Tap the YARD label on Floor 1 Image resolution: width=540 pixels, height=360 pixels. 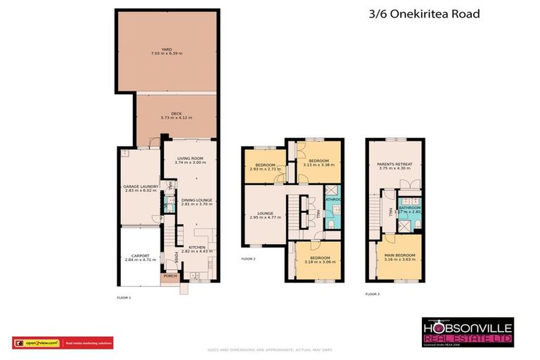[x=166, y=49]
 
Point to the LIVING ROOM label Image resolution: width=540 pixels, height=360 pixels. [x=190, y=158]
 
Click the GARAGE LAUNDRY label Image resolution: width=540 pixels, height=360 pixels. [x=141, y=186]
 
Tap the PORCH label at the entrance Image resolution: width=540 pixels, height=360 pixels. [x=170, y=276]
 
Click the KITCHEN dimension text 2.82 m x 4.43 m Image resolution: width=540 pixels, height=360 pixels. [x=197, y=251]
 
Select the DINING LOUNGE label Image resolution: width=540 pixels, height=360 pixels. [x=197, y=200]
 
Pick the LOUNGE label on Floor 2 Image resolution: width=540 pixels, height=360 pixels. [x=265, y=212]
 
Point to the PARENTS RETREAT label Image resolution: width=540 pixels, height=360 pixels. [x=394, y=165]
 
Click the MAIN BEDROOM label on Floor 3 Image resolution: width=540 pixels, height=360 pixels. [x=399, y=255]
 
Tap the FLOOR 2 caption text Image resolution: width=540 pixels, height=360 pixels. [x=248, y=259]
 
